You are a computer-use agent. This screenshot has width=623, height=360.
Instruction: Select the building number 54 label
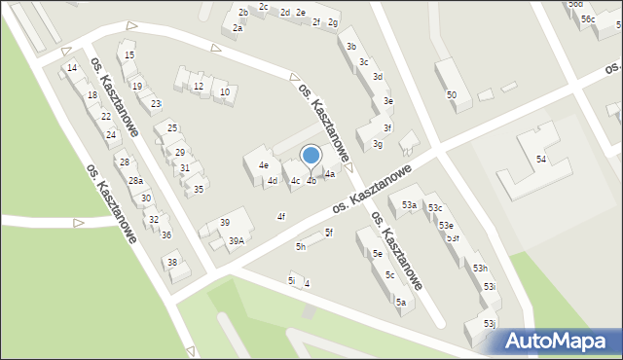[541, 159]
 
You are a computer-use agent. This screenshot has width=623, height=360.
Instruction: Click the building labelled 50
[451, 94]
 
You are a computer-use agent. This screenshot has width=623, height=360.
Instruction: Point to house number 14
[71, 68]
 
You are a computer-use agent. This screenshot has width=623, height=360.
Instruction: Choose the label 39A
[236, 240]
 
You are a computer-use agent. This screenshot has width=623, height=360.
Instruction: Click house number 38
[171, 263]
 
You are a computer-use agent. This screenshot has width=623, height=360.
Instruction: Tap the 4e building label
[263, 165]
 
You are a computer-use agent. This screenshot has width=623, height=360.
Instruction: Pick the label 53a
[409, 204]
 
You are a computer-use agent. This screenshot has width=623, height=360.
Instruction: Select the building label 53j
[489, 324]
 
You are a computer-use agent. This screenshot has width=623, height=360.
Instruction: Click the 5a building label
[400, 302]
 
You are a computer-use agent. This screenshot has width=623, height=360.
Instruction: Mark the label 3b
[351, 47]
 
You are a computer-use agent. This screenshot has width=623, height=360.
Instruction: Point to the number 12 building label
[199, 87]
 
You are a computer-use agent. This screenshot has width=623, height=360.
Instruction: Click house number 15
[129, 55]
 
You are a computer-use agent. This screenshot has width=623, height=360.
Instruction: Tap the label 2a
[238, 28]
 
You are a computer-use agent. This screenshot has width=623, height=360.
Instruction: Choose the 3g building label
[377, 145]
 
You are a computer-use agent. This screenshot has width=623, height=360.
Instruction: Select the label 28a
[136, 180]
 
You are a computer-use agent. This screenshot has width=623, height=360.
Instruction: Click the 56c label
[588, 19]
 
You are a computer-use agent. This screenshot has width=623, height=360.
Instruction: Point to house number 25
[172, 128]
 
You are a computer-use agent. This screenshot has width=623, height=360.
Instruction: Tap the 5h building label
[301, 247]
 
